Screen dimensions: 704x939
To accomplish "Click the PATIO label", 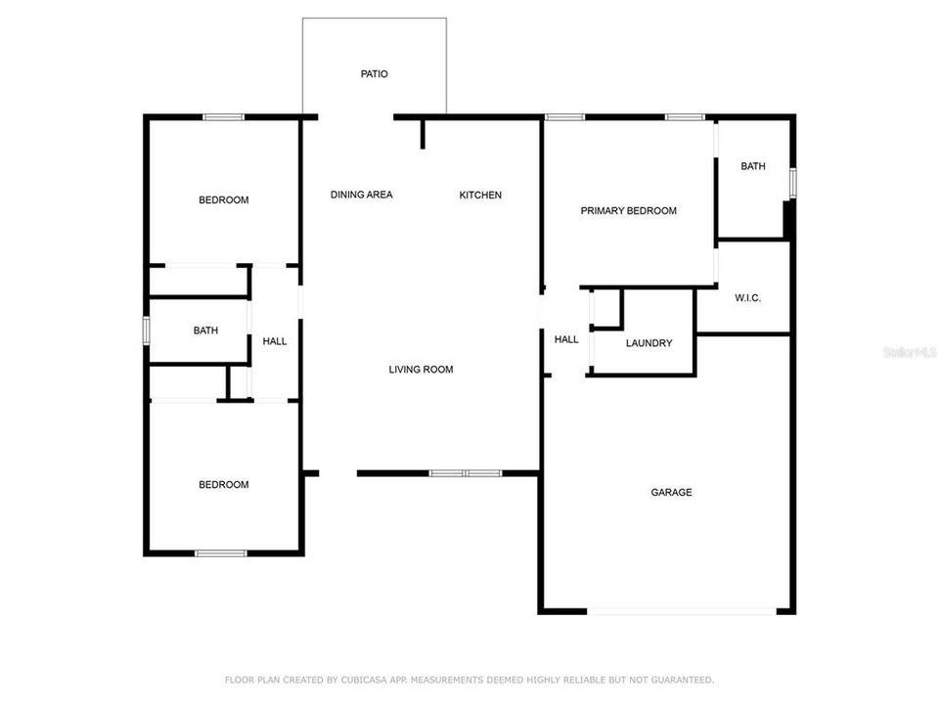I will tap(375, 73).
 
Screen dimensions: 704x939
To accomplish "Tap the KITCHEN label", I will tap(480, 196).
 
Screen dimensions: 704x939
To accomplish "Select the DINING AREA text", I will tap(361, 196).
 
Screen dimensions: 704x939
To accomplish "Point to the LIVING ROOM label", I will tap(421, 370).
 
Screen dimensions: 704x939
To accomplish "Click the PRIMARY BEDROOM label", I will tap(629, 211).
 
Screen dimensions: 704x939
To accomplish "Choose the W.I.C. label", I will tap(748, 298).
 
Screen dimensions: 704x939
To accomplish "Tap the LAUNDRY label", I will tap(648, 343).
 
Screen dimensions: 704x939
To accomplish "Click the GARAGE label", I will tap(671, 493).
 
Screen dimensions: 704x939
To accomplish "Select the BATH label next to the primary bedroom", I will tap(753, 167).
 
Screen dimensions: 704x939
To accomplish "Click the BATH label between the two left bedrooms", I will tap(205, 331).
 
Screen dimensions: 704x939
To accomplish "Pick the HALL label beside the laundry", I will tap(566, 340).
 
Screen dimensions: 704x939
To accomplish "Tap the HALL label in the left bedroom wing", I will tap(275, 341).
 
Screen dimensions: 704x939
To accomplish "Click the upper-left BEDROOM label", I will tap(224, 200).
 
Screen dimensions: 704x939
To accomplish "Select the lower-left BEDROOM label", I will tap(224, 485).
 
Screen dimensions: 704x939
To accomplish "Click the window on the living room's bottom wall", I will tap(466, 473).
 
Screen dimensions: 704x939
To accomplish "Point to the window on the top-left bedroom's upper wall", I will tap(223, 117).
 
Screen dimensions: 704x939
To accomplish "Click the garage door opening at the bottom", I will tap(683, 612).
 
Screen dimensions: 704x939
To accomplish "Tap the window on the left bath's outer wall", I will tap(146, 330).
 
